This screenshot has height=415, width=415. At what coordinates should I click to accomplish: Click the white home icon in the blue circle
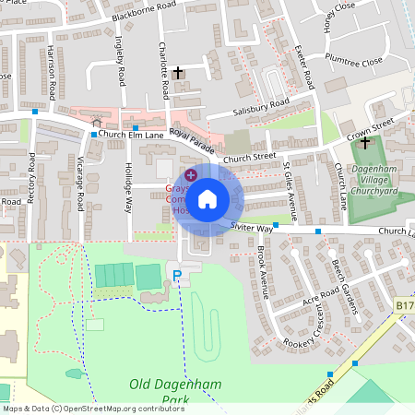[207, 198]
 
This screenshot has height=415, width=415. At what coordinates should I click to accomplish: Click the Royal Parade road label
[191, 141]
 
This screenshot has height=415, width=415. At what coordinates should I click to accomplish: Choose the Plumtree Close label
[352, 63]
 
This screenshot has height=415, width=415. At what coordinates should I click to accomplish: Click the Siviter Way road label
[252, 227]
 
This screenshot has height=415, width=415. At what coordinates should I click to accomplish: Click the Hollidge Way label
[128, 188]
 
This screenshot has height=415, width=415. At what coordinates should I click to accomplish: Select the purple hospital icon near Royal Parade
[191, 174]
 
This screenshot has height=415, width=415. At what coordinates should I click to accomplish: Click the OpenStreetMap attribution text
[92, 409]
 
